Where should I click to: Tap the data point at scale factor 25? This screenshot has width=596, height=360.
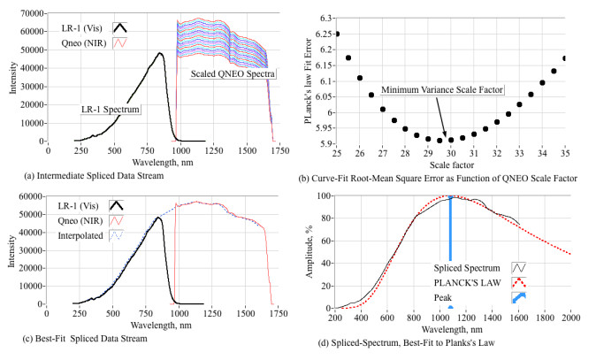click(337, 34)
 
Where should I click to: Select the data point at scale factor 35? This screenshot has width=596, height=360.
click(565, 58)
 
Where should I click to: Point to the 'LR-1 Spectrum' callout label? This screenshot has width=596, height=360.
click(112, 109)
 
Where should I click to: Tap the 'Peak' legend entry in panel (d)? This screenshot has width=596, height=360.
click(444, 296)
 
